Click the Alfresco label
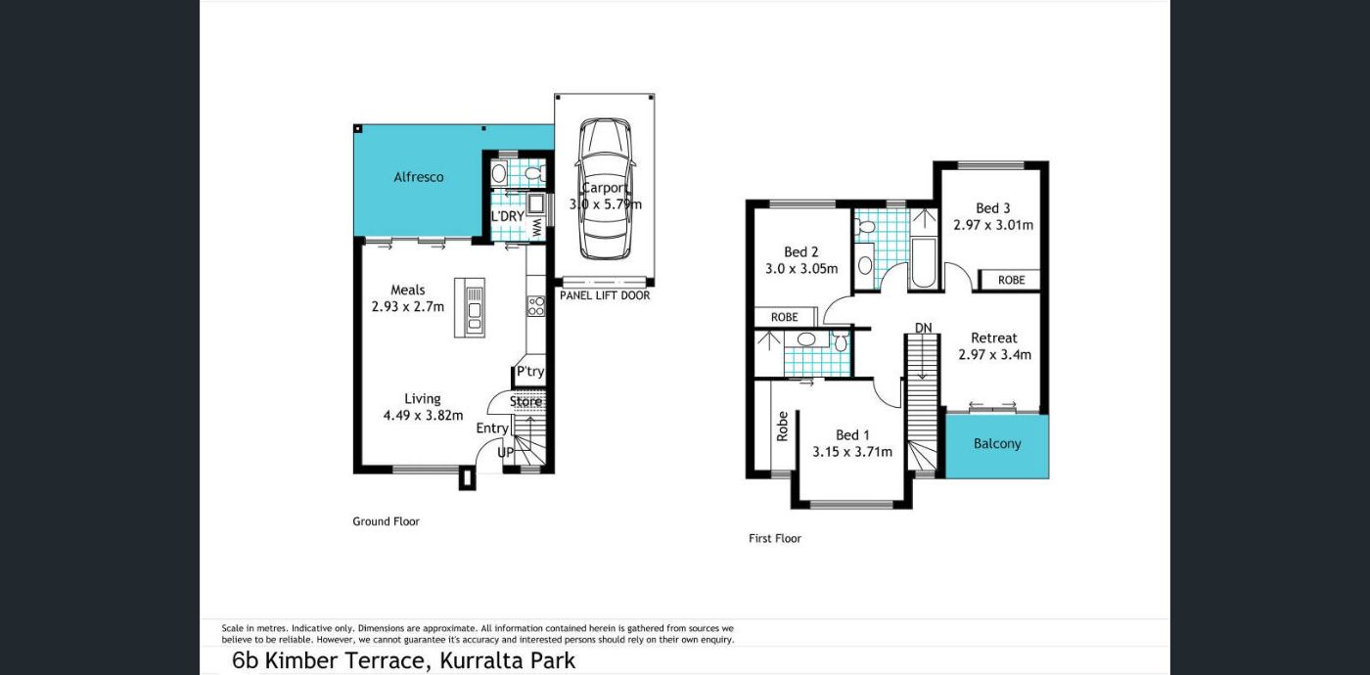(419, 177)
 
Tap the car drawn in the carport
(605, 188)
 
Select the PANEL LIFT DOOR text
(605, 295)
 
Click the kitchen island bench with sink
(470, 307)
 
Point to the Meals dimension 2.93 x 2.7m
(408, 306)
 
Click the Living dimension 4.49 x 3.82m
(423, 416)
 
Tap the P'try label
(530, 371)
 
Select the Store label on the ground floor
(526, 402)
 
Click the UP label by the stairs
(505, 453)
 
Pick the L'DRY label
(508, 216)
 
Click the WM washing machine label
(536, 228)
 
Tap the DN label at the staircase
(924, 329)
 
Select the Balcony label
(997, 444)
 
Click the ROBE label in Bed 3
(1011, 280)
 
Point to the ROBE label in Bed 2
(784, 317)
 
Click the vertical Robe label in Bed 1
(782, 427)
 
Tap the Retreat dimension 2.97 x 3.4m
(994, 354)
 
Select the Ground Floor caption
(386, 521)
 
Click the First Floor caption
(775, 539)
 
